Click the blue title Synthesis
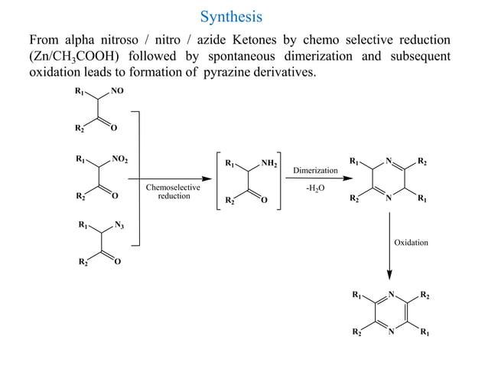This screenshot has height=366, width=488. coord(231,16)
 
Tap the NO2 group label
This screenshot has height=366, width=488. coord(120,160)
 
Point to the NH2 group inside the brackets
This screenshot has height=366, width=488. coord(269,163)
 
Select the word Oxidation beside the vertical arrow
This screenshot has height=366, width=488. coord(412,243)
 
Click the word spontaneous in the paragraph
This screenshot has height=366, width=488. coord(268,56)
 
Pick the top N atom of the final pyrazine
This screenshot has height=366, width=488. coord(390,294)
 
